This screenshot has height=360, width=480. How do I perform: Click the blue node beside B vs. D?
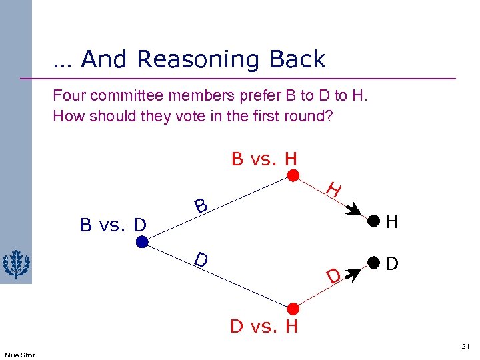point(142,243)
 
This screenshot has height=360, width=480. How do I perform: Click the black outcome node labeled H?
point(374,221)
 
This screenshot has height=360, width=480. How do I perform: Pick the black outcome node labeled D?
point(374,263)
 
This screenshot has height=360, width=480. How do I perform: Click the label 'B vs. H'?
point(264,159)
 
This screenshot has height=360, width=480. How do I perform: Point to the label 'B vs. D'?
point(113,225)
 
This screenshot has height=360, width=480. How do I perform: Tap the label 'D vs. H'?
point(264,327)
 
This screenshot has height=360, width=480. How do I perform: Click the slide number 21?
point(465,347)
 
